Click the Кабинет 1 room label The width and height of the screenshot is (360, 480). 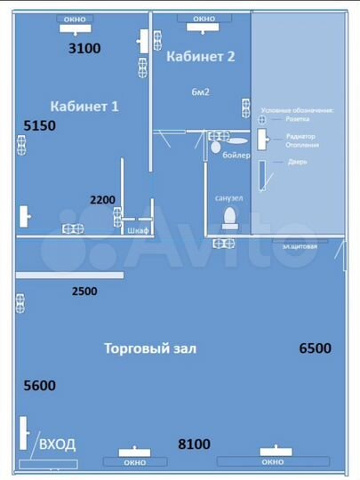click(x=84, y=106)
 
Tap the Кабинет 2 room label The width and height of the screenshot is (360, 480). click(x=201, y=56)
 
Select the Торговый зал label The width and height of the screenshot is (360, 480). click(x=150, y=348)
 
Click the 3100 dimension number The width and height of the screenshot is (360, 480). click(x=84, y=49)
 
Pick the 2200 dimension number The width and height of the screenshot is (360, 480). click(x=102, y=200)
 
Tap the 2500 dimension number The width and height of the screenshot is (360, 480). click(x=85, y=291)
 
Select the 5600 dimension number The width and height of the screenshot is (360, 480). click(x=39, y=385)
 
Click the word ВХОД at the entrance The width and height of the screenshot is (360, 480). click(x=57, y=444)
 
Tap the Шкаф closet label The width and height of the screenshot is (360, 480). click(x=138, y=230)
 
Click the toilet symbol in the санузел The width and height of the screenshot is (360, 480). click(x=229, y=217)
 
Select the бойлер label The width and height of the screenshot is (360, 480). click(x=236, y=156)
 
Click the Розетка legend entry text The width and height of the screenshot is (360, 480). click(x=299, y=118)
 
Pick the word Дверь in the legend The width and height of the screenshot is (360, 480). click(x=297, y=162)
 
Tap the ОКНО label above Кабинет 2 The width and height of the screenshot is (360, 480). click(x=204, y=19)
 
